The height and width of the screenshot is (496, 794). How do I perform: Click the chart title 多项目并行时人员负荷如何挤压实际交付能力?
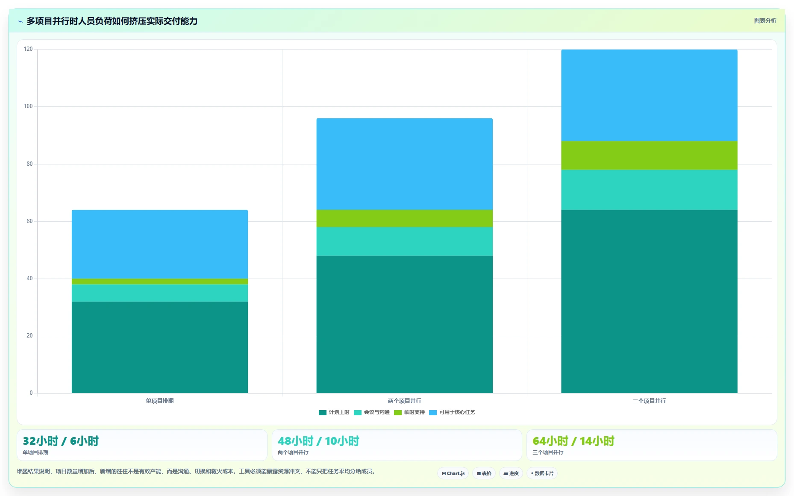(112, 21)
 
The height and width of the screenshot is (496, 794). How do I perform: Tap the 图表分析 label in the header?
(765, 21)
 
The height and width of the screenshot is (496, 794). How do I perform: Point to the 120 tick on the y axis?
(28, 49)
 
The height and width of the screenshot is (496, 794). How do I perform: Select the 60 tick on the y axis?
(29, 221)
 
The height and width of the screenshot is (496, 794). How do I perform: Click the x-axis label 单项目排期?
(159, 401)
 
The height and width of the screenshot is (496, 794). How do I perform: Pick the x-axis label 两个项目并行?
(404, 401)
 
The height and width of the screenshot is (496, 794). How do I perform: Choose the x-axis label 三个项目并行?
(649, 401)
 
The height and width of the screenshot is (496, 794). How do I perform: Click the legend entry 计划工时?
(334, 412)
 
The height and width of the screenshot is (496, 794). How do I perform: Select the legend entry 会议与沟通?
(372, 412)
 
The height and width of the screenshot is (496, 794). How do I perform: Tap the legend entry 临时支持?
(409, 412)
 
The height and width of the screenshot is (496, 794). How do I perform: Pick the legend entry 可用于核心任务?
(452, 412)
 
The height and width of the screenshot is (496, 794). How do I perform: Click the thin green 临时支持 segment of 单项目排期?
(160, 282)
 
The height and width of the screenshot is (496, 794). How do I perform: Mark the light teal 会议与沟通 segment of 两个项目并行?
(404, 241)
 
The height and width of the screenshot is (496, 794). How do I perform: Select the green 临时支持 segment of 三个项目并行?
(649, 156)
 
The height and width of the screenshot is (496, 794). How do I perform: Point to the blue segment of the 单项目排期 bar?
(160, 244)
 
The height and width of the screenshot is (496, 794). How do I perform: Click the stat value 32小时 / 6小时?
(61, 441)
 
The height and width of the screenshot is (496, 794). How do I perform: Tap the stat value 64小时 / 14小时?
(573, 441)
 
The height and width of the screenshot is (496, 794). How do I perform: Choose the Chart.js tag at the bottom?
(453, 473)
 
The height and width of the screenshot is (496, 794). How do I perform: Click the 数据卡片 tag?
(542, 473)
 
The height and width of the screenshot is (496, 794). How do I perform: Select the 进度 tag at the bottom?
(511, 473)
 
